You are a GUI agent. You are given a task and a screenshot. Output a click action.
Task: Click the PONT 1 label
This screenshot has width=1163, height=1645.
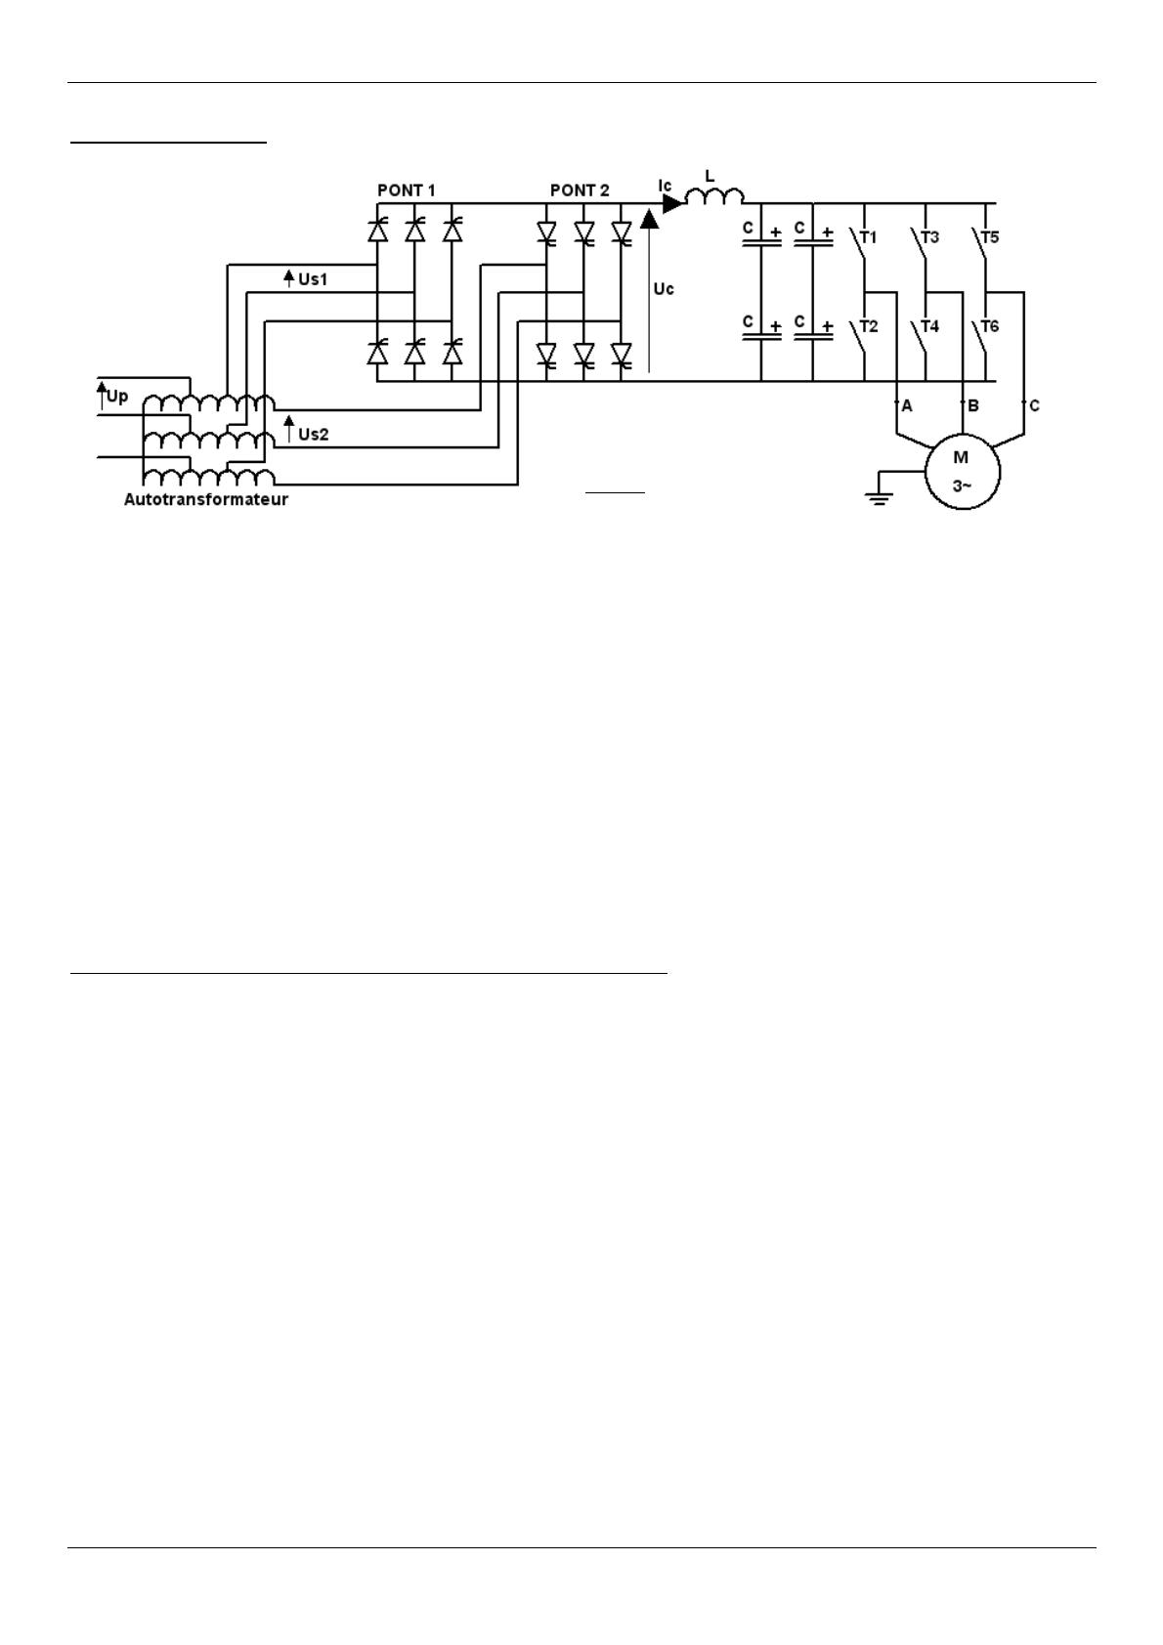click(x=407, y=190)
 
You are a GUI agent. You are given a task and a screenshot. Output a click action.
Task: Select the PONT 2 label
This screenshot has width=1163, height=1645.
click(x=580, y=190)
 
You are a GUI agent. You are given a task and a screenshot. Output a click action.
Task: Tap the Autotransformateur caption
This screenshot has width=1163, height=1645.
click(x=205, y=499)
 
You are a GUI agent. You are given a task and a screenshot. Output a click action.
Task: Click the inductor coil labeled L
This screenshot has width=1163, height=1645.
click(x=714, y=195)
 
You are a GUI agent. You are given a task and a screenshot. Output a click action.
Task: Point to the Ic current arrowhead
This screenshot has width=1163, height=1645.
click(x=671, y=203)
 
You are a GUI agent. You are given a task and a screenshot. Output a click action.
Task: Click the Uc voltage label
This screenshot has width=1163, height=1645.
click(x=664, y=289)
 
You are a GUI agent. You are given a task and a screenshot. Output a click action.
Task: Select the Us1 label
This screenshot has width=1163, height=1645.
click(x=313, y=279)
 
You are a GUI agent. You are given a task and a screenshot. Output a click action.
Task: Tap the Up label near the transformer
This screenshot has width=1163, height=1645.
click(x=117, y=397)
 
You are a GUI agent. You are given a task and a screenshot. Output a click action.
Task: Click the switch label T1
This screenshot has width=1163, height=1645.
click(x=868, y=238)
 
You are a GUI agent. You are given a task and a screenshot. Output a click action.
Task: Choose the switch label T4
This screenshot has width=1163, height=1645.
click(x=929, y=326)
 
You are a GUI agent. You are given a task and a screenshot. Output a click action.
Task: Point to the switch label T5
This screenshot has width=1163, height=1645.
click(x=990, y=238)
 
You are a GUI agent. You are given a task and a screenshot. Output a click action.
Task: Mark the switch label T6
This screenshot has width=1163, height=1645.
click(x=990, y=326)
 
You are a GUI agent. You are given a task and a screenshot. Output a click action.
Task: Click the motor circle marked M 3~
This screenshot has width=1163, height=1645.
click(x=963, y=437)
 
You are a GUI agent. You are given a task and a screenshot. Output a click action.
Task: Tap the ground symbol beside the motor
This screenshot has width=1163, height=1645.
click(x=879, y=499)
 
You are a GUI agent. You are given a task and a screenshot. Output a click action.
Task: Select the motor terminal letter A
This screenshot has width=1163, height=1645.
click(x=907, y=406)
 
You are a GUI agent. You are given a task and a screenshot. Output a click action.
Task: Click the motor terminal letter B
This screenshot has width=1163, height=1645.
click(x=973, y=406)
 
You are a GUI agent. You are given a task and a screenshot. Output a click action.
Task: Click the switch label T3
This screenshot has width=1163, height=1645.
click(x=929, y=238)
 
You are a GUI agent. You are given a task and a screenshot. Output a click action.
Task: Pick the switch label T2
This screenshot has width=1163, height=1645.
click(x=869, y=326)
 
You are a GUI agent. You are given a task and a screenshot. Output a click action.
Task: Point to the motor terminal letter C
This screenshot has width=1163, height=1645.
click(x=1034, y=406)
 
